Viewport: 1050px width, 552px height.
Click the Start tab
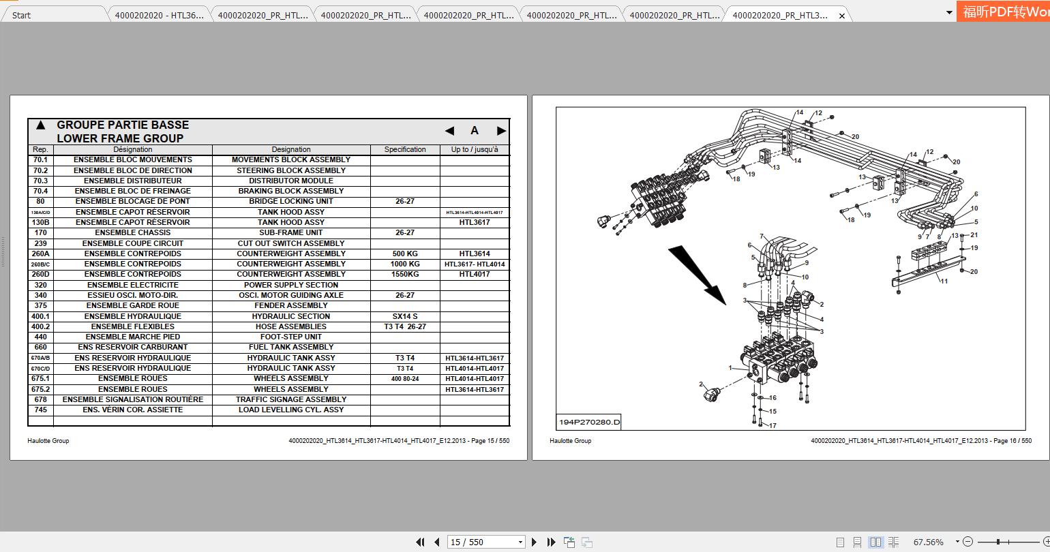22,15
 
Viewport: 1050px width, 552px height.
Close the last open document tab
842,16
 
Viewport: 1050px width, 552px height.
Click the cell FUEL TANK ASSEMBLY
291,347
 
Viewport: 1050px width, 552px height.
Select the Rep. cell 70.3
40,181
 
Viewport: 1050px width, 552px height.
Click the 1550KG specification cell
405,274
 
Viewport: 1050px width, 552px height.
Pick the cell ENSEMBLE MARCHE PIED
133,337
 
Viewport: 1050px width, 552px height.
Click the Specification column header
405,149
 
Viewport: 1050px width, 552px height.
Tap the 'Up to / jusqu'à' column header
475,149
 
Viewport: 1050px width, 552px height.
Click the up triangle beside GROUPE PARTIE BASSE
40,125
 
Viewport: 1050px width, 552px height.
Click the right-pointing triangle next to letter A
501,131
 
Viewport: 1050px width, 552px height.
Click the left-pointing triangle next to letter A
449,131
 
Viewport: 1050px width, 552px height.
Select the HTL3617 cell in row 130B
475,222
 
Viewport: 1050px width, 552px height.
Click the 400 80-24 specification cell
405,378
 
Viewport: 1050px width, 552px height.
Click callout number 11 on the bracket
944,281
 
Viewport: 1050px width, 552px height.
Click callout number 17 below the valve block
772,425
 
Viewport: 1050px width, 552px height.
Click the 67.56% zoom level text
928,542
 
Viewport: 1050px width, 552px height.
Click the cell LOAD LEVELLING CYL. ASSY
291,410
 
